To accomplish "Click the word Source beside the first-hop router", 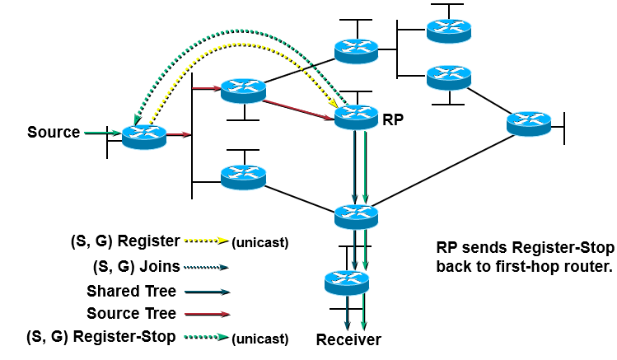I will click(x=54, y=132).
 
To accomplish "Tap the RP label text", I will click(x=394, y=119).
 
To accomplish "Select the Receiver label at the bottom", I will click(x=349, y=339).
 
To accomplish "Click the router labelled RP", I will click(x=357, y=116).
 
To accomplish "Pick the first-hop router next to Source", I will click(x=144, y=136).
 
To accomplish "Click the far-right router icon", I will click(x=528, y=124).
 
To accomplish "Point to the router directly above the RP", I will click(x=356, y=50).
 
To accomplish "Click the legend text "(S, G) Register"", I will click(x=124, y=241).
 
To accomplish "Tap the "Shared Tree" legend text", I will click(x=131, y=291).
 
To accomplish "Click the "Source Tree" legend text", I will click(x=131, y=314).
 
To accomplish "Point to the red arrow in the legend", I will click(x=207, y=314).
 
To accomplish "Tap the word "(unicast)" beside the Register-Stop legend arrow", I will click(x=260, y=338).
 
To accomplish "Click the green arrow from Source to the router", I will click(x=101, y=132).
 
